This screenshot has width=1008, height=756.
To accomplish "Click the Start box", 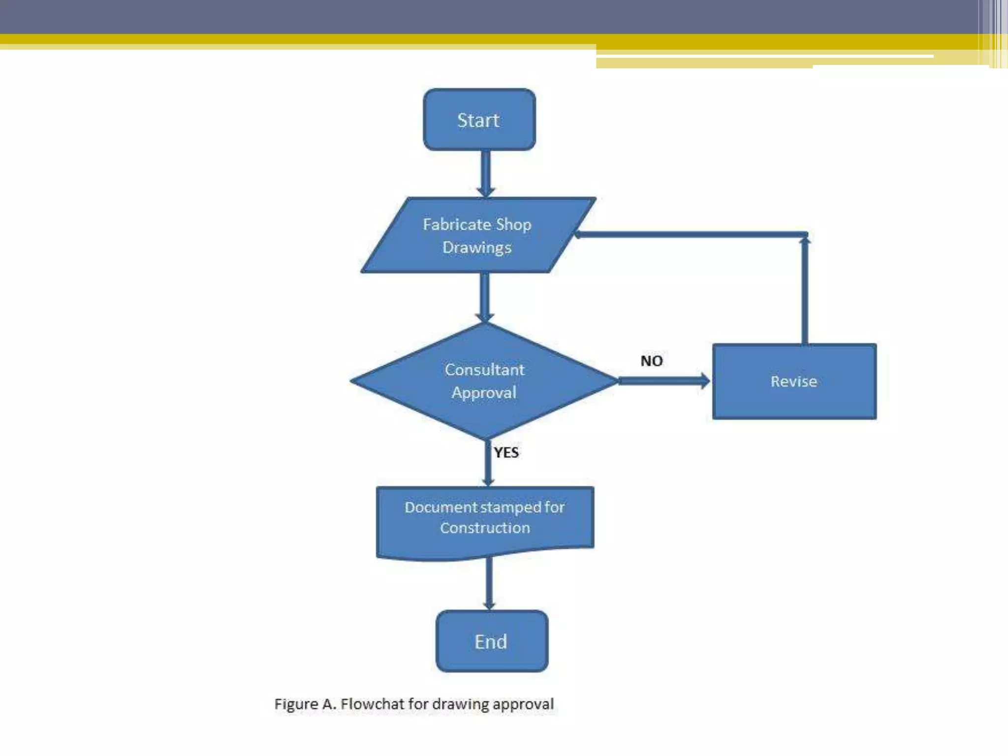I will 479,120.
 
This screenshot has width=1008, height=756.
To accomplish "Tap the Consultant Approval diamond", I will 484,381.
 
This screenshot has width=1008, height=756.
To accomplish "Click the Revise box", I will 794,381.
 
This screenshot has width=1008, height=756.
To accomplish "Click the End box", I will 492,641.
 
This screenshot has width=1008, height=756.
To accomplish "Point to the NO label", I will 651,361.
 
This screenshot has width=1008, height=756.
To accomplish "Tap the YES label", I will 506,452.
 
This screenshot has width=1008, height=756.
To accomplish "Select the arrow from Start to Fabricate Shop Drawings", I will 485,172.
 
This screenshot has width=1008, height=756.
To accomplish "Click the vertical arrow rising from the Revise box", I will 805,290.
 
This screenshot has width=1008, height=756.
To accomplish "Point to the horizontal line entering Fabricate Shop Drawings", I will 689,235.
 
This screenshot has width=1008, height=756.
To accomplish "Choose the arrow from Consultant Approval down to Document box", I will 488,463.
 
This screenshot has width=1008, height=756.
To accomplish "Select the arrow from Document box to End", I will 489,583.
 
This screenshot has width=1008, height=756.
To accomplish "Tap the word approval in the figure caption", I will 523,704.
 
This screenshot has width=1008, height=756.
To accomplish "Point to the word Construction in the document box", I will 485,528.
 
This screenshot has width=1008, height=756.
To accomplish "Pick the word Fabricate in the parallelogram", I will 457,224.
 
